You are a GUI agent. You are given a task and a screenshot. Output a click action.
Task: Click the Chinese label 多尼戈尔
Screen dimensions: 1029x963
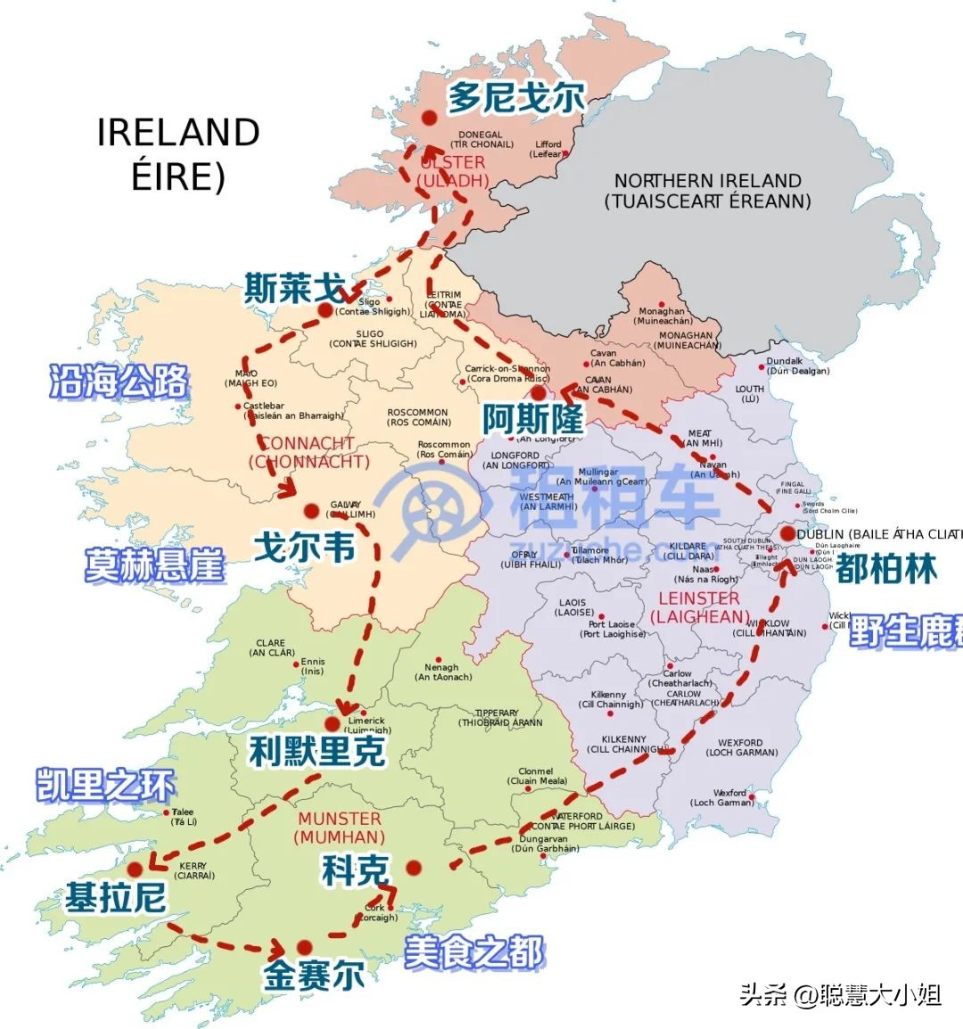coord(515,97)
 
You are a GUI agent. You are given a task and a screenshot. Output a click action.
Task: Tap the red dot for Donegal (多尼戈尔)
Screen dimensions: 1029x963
coord(429,118)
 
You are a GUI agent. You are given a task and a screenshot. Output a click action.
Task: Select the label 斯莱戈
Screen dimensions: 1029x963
coord(294,289)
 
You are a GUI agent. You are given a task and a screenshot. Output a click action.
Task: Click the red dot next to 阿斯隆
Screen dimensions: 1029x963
coord(538,392)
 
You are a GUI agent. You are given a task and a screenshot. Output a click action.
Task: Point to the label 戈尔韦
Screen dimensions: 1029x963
coord(304,547)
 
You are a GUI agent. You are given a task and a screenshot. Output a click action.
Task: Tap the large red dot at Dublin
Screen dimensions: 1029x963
coord(787,534)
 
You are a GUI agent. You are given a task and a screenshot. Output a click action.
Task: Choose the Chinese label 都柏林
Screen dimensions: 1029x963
coord(885,568)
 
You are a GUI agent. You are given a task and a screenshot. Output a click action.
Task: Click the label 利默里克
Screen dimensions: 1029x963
coord(317,752)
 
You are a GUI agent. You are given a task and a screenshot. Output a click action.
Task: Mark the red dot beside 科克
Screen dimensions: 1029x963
coord(414,868)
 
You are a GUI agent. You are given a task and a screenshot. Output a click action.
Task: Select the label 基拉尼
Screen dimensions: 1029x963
coord(115,898)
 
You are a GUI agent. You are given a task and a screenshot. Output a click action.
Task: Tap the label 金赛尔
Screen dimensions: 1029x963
coord(313,975)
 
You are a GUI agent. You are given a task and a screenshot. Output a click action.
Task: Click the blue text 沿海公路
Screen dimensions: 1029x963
coord(119,382)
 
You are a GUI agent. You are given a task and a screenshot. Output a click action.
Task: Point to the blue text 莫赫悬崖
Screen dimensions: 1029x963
coord(154,565)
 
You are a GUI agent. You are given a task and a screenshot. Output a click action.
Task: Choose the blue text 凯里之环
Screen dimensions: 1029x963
coord(105,786)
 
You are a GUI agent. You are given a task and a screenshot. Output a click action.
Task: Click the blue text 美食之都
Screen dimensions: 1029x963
coord(473,952)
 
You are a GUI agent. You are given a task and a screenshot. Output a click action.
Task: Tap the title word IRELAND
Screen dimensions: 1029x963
coord(178,133)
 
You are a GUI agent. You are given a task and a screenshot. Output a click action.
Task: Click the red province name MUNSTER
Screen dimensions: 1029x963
coord(340,819)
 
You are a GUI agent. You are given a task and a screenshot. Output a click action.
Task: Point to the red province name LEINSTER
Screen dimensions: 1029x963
coord(699,598)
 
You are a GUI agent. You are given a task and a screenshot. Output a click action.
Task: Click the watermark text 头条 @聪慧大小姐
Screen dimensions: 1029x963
coord(840,994)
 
